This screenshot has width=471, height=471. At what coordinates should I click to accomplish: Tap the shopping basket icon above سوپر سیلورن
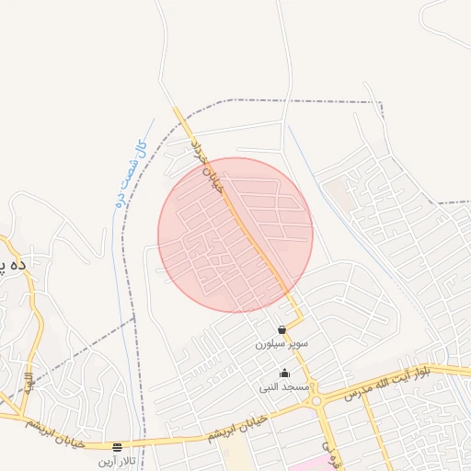(281, 329)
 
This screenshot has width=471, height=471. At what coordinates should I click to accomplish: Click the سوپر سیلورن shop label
(281, 343)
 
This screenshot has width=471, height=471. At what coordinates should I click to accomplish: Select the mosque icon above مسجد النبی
(284, 373)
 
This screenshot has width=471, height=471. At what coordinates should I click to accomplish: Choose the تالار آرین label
(118, 459)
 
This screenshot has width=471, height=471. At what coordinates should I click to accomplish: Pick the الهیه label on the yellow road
(29, 380)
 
